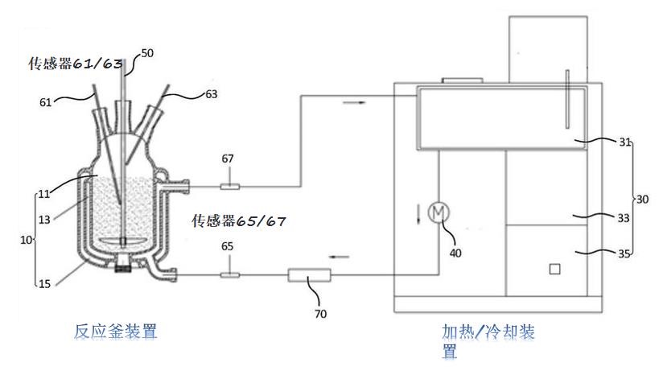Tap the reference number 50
pyautogui.click(x=147, y=53)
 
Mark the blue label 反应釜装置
pyautogui.click(x=117, y=331)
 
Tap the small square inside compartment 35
pyautogui.click(x=554, y=269)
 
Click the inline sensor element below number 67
pyautogui.click(x=229, y=187)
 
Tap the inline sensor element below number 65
pyautogui.click(x=229, y=275)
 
